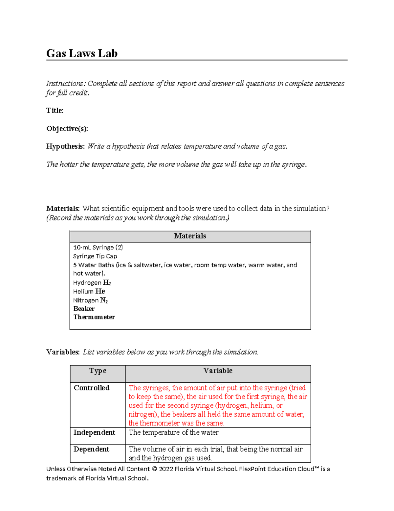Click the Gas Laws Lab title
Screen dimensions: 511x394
(82, 53)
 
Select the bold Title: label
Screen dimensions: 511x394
(55, 111)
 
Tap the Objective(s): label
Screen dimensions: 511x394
(67, 129)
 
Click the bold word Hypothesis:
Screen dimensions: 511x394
(65, 146)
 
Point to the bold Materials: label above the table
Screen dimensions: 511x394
(63, 209)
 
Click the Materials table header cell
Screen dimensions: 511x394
(190, 236)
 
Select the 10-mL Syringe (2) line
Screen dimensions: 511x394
(98, 247)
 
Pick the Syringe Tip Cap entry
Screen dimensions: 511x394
(95, 256)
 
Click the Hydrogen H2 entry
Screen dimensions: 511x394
(92, 283)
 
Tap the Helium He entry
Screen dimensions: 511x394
(89, 292)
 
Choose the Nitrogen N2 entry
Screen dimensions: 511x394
(90, 300)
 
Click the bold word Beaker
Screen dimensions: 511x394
(84, 309)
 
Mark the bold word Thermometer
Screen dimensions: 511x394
(94, 317)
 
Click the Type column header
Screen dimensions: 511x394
(98, 371)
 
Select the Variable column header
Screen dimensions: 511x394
(218, 371)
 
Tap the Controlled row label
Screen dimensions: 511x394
(91, 388)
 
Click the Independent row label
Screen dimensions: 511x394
(94, 433)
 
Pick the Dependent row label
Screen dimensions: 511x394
(91, 449)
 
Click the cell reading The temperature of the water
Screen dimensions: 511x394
(173, 433)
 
